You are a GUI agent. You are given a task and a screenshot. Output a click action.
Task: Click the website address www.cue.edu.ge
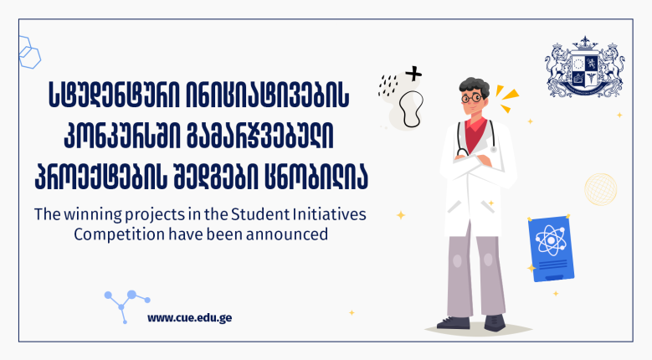click(x=190, y=318)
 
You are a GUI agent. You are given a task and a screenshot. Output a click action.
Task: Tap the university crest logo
click(x=585, y=66)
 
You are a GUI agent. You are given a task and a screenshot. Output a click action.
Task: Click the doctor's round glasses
click(x=471, y=99)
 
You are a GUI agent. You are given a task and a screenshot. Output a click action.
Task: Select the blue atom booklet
click(x=551, y=248)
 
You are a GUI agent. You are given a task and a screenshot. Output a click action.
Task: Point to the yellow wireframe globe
click(x=600, y=189)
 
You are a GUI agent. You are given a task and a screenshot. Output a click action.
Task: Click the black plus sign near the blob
click(x=413, y=74)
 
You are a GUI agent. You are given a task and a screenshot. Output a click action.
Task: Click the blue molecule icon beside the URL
click(x=126, y=306)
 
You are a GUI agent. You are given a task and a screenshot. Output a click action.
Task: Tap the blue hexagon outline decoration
click(x=29, y=53)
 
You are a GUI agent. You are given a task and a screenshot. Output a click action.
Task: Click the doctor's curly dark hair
click(x=474, y=86)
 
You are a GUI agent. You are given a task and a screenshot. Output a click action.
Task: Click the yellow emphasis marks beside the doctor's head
click(x=507, y=98)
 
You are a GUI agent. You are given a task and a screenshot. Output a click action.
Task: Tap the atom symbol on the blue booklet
click(x=551, y=240)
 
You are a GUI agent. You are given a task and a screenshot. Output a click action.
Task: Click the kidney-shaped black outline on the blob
click(x=411, y=109)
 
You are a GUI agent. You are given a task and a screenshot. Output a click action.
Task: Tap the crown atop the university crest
click(x=585, y=42)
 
